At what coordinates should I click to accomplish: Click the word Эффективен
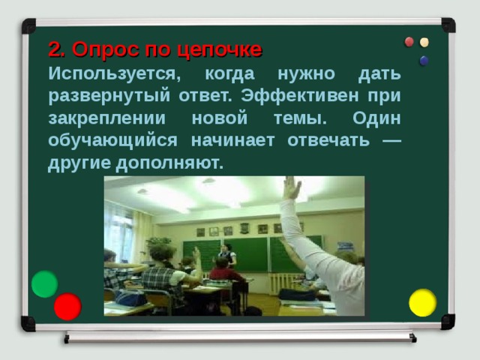pos(300,97)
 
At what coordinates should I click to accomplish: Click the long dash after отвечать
pos(390,140)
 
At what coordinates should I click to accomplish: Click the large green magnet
pos(45,283)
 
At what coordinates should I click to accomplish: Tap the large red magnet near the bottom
pos(67,306)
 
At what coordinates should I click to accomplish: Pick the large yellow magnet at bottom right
pos(422,302)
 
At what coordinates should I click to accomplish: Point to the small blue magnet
pos(424,60)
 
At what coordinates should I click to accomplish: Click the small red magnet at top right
pos(409,42)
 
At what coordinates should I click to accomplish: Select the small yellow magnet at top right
pos(424,43)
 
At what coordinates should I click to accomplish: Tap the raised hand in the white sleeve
pos(291,187)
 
